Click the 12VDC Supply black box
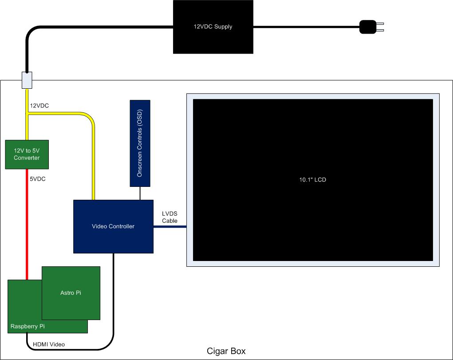point(213,27)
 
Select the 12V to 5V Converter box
point(27,154)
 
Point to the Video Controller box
point(113,226)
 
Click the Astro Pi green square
point(71,293)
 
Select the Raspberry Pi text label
point(28,326)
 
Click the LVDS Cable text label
point(170,217)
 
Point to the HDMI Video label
point(49,344)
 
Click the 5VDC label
point(38,179)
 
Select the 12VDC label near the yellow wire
point(39,106)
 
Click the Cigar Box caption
point(226,351)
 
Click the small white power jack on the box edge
point(27,80)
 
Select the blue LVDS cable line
point(169,227)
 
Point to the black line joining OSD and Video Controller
point(140,193)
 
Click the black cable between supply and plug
point(306,27)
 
